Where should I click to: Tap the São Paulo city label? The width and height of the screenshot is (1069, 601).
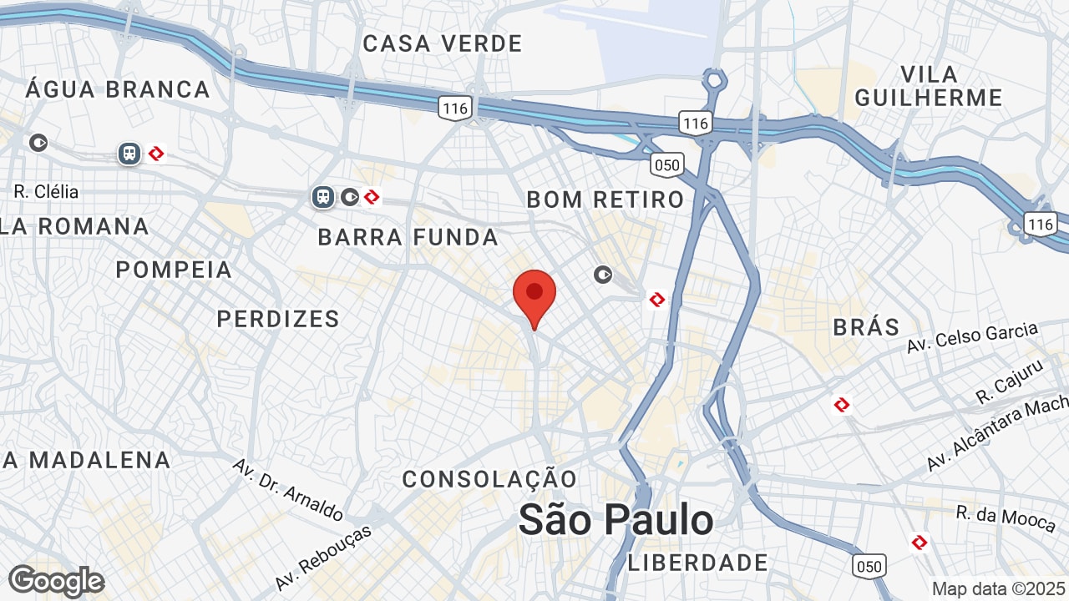pyautogui.click(x=616, y=519)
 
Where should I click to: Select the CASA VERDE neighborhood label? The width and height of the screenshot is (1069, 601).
pyautogui.click(x=442, y=43)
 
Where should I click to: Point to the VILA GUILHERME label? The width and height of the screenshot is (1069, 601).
pyautogui.click(x=928, y=85)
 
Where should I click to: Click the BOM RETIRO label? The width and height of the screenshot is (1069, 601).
pyautogui.click(x=605, y=199)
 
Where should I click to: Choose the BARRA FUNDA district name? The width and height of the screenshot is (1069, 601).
pyautogui.click(x=408, y=237)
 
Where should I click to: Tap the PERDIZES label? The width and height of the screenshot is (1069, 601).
pyautogui.click(x=278, y=318)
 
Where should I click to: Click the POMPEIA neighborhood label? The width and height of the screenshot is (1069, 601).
pyautogui.click(x=174, y=270)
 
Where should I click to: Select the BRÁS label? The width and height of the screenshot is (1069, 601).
pyautogui.click(x=866, y=326)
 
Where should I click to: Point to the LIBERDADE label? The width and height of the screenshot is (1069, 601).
pyautogui.click(x=697, y=563)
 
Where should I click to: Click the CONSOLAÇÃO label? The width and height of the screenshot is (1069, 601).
pyautogui.click(x=489, y=479)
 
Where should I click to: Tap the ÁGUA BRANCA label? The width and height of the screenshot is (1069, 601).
pyautogui.click(x=118, y=89)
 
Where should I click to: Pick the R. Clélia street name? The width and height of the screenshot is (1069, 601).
pyautogui.click(x=47, y=191)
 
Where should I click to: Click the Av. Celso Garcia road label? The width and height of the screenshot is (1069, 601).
pyautogui.click(x=972, y=336)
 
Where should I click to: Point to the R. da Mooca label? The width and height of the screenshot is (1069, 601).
pyautogui.click(x=1006, y=518)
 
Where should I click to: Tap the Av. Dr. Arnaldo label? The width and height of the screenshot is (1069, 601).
pyautogui.click(x=287, y=488)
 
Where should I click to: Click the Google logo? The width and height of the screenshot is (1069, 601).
pyautogui.click(x=56, y=580)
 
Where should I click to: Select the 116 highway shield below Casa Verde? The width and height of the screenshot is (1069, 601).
pyautogui.click(x=455, y=107)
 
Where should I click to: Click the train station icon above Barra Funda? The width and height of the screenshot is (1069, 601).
pyautogui.click(x=323, y=197)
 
